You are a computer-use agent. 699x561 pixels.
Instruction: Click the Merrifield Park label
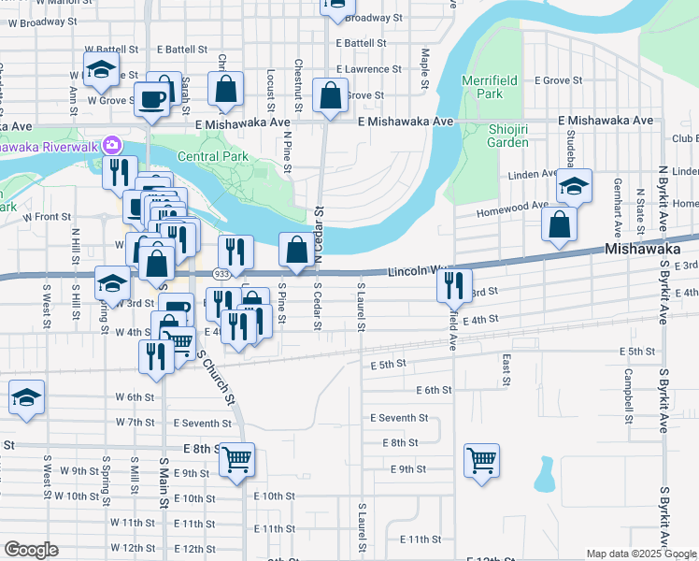[x=482, y=87]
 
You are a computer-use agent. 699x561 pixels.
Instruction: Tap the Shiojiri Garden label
[x=508, y=135]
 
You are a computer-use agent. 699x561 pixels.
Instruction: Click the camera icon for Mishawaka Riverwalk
[x=113, y=145]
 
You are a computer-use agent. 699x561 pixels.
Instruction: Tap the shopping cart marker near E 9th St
[x=481, y=459]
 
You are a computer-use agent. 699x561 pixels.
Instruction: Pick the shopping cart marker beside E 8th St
[x=236, y=459]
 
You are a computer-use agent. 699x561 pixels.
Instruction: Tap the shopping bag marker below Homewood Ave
[x=559, y=225]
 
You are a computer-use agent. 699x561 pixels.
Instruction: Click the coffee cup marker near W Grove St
[x=151, y=98]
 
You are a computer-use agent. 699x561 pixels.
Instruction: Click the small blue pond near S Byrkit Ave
[x=543, y=476]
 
